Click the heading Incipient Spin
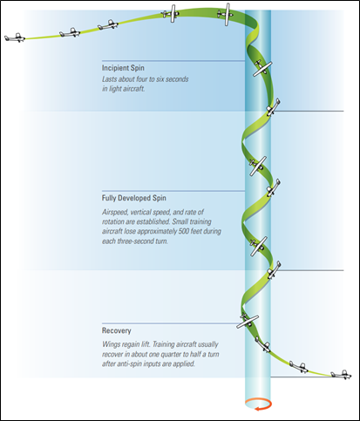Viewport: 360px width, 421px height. (x=123, y=68)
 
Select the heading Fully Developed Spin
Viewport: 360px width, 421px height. (x=134, y=198)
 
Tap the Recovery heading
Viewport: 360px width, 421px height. (x=117, y=330)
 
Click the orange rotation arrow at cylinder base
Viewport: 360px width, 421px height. (x=258, y=404)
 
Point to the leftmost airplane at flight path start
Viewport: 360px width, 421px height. (x=15, y=37)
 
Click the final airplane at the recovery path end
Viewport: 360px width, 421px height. (x=341, y=375)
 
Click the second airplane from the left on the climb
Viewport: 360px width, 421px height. (x=70, y=33)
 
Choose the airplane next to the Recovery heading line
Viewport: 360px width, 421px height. (x=248, y=321)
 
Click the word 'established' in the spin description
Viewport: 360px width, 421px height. (x=153, y=221)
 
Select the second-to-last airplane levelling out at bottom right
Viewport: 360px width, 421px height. (x=299, y=368)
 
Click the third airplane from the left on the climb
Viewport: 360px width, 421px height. (x=108, y=25)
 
